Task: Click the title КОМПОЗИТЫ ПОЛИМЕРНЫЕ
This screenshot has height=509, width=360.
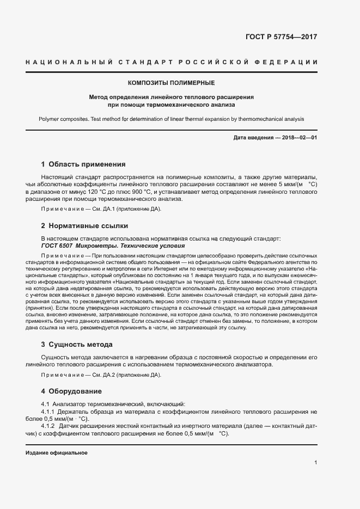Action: click(171, 83)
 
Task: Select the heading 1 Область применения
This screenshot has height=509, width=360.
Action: click(83, 164)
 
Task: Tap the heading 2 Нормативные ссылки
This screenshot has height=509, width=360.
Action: click(84, 225)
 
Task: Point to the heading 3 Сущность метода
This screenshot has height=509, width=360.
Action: click(77, 345)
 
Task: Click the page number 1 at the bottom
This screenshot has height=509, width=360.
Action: click(316, 463)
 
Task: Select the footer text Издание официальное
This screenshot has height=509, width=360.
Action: click(57, 453)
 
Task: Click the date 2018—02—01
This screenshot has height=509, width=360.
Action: click(300, 138)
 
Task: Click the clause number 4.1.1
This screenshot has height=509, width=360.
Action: click(50, 412)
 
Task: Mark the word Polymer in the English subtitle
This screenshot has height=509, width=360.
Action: click(50, 119)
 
